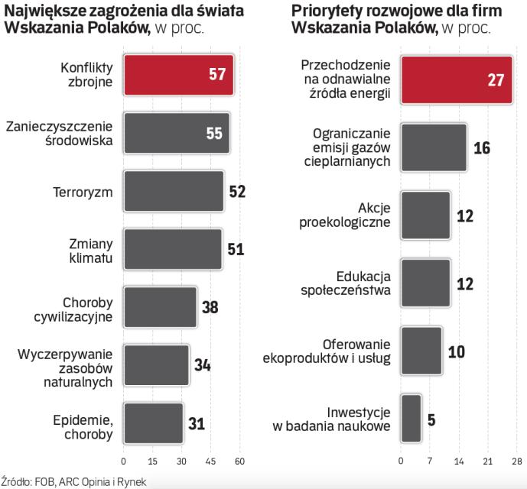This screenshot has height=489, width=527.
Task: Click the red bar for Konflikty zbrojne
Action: click(178, 74)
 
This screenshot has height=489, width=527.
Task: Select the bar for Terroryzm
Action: click(173, 191)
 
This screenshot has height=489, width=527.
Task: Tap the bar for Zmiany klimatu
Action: click(172, 249)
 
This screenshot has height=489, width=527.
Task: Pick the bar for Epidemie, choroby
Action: click(153, 423)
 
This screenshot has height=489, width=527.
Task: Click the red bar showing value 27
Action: click(457, 79)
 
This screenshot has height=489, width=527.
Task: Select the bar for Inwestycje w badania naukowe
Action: click(411, 418)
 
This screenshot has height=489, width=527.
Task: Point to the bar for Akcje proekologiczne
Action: click(425, 215)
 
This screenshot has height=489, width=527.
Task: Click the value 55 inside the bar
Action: click(213, 133)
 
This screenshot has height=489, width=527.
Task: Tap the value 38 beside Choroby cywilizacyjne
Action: click(210, 307)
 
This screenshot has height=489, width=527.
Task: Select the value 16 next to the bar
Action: click(481, 147)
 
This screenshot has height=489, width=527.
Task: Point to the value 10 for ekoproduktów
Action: click(456, 351)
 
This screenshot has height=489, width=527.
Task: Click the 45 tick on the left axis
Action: click(210, 461)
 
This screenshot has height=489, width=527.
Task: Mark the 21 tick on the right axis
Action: click(486, 461)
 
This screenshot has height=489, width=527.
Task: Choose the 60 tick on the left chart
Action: click(239, 461)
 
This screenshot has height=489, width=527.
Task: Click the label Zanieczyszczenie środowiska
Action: click(59, 133)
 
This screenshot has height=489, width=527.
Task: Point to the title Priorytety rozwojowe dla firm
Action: click(381, 10)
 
